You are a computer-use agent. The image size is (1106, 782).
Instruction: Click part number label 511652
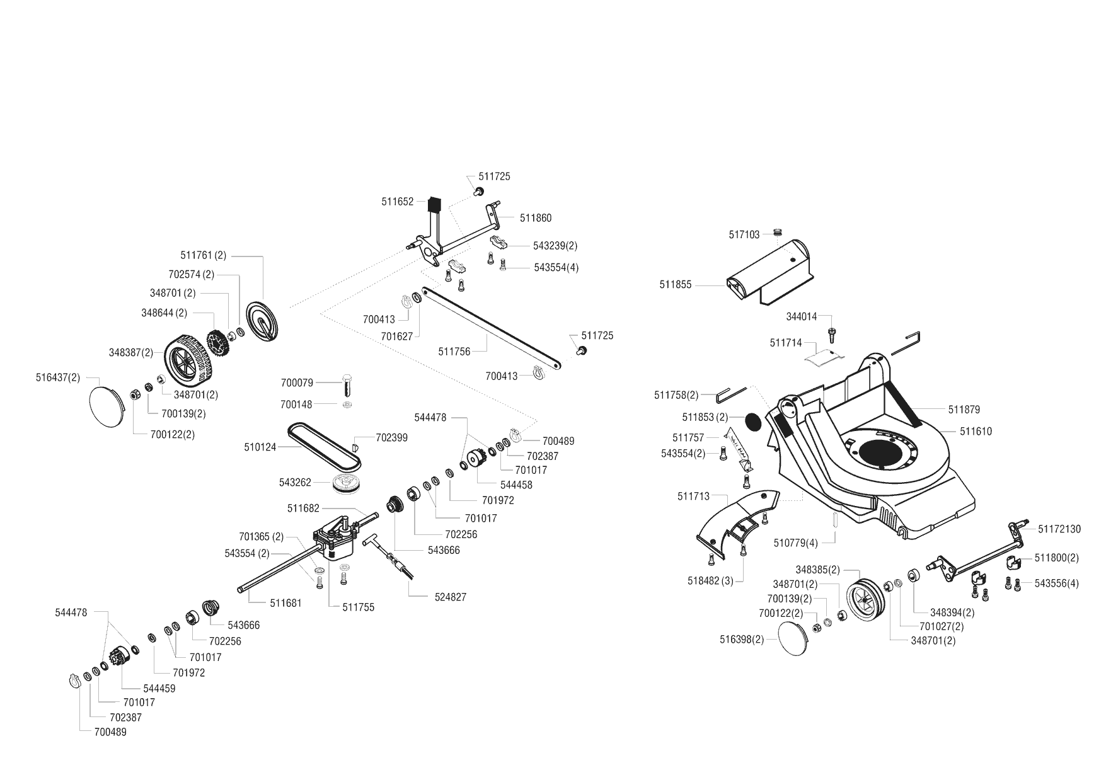(x=397, y=202)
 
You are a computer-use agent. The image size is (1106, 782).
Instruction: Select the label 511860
(x=536, y=218)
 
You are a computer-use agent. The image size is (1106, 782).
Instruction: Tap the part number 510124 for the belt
(x=260, y=447)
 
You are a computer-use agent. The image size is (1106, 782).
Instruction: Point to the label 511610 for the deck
(x=976, y=432)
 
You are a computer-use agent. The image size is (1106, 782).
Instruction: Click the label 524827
(x=450, y=597)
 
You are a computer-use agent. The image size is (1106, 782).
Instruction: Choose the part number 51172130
(x=1059, y=529)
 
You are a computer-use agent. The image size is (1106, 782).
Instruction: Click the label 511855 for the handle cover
(x=676, y=285)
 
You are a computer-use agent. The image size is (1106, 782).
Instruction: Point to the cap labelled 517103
(x=777, y=233)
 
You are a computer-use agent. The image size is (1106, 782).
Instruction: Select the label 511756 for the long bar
(x=454, y=352)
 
